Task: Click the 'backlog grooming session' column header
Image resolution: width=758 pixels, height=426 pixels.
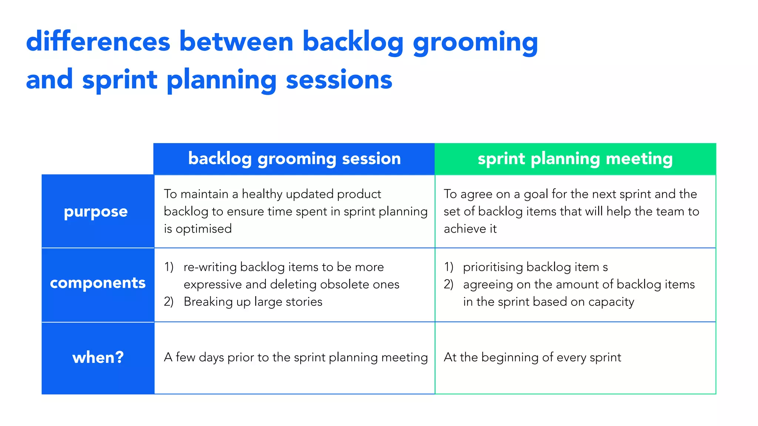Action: click(x=294, y=159)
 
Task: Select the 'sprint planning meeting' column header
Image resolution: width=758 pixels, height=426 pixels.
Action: click(x=575, y=159)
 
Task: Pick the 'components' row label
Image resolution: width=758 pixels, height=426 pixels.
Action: click(x=98, y=283)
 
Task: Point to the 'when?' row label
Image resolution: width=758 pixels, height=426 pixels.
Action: click(x=98, y=357)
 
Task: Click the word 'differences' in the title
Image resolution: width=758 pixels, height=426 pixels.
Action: click(x=98, y=41)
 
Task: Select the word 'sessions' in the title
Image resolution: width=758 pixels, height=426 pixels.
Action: click(x=339, y=80)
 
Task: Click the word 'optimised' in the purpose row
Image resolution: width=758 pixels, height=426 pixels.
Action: click(x=204, y=229)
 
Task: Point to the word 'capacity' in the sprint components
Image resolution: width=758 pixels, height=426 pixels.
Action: click(x=611, y=302)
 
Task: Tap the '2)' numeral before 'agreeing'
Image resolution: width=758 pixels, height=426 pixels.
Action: click(x=449, y=284)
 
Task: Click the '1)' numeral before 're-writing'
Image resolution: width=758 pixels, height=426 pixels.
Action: click(x=169, y=267)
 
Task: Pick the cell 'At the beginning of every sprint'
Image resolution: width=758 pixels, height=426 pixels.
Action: click(x=532, y=358)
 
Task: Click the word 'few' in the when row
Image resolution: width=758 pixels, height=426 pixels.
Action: click(x=185, y=357)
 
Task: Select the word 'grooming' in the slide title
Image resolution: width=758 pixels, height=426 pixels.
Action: click(x=475, y=43)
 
